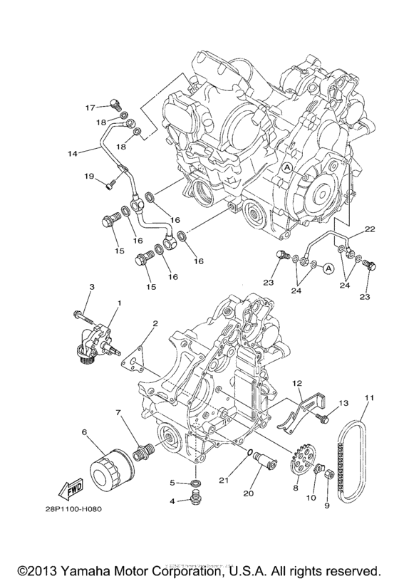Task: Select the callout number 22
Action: tap(369, 229)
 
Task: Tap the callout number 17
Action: tap(90, 108)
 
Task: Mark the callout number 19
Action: tap(89, 175)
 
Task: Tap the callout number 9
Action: tap(327, 507)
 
